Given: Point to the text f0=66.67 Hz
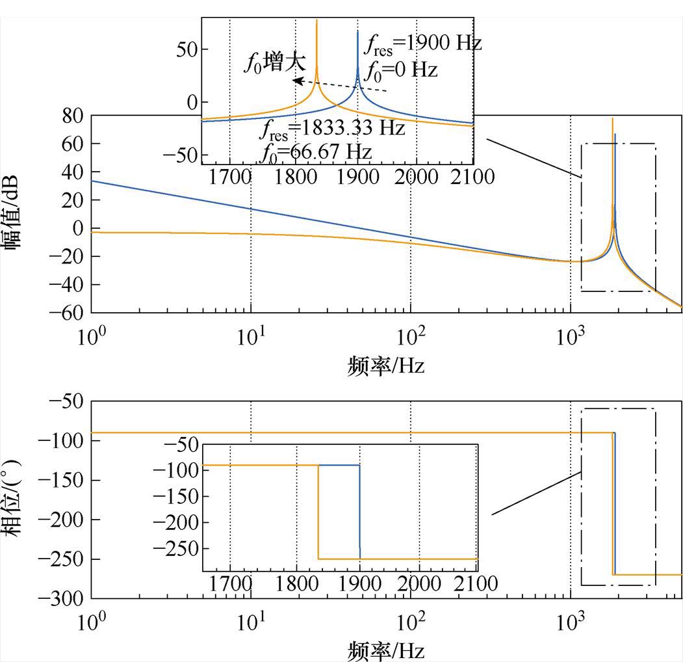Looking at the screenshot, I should (316, 152).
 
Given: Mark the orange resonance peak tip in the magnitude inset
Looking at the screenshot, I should (316, 20).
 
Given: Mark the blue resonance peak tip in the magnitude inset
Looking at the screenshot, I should (357, 31).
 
